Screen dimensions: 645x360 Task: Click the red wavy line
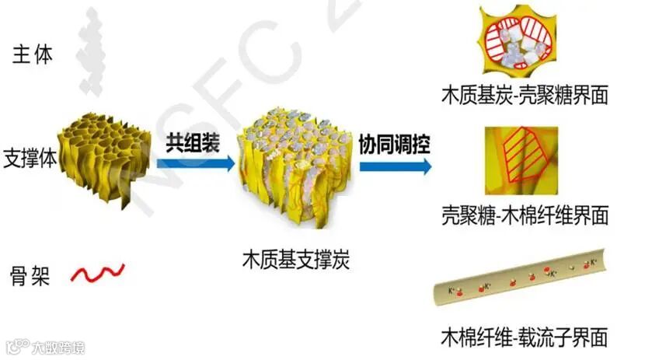coord(97,273)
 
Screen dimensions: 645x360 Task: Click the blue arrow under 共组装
coord(195,164)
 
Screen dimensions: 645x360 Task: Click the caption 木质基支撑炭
coord(296,260)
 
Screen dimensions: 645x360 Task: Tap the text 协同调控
coord(395,143)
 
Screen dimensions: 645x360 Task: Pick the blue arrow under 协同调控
coord(395,166)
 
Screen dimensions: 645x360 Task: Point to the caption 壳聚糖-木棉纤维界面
coord(525,215)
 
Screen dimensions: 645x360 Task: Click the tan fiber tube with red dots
coord(519,280)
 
